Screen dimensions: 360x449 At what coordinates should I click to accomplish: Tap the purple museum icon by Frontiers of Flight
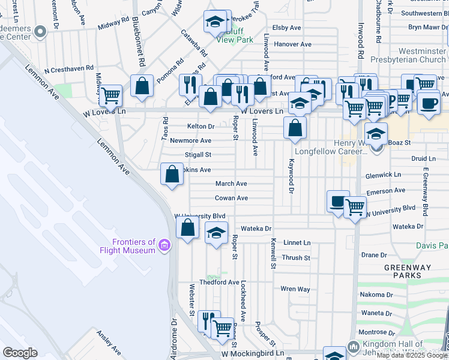point(164,245)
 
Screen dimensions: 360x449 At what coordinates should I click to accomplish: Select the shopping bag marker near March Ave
point(172,175)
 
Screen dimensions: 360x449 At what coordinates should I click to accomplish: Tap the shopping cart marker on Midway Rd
point(110,95)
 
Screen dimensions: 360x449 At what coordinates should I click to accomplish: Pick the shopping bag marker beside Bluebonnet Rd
point(142,87)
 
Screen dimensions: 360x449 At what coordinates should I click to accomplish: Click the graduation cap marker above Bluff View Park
point(214,22)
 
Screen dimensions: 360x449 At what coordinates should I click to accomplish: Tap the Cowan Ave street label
point(232,198)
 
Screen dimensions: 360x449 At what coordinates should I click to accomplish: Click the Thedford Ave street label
point(220,282)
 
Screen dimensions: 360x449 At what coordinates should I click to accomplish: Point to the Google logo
point(20,353)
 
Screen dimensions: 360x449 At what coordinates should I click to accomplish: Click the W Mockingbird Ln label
point(248,355)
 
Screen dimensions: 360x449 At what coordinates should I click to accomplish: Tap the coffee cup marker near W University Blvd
point(339,202)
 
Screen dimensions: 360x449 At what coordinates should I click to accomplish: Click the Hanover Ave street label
point(292,44)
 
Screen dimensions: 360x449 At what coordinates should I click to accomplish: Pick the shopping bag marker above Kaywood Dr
point(295,128)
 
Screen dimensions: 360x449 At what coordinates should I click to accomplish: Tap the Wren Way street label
point(295,289)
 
